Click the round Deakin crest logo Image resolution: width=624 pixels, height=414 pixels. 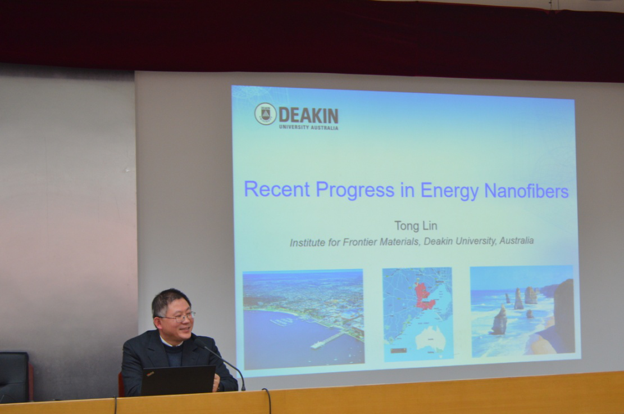tap(265, 114)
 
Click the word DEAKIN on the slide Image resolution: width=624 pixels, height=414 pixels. tap(308, 115)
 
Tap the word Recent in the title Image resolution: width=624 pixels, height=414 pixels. tap(276, 189)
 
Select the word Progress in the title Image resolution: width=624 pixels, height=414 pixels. tap(355, 190)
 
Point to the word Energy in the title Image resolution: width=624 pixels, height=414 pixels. tap(449, 191)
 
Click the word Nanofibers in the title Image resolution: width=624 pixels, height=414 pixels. tap(526, 191)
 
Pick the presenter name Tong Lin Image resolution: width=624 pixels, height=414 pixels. tap(416, 226)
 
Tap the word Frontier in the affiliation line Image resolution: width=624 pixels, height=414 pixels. tap(360, 242)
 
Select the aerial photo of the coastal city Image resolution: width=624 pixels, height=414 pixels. tap(304, 319)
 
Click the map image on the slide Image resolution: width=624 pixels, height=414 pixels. tap(417, 314)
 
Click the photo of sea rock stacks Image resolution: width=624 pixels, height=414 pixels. tap(522, 311)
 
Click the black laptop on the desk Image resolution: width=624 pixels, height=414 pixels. tap(178, 380)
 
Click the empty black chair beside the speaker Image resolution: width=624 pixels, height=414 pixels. tap(15, 376)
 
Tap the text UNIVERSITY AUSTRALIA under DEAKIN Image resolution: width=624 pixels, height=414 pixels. tap(308, 128)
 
